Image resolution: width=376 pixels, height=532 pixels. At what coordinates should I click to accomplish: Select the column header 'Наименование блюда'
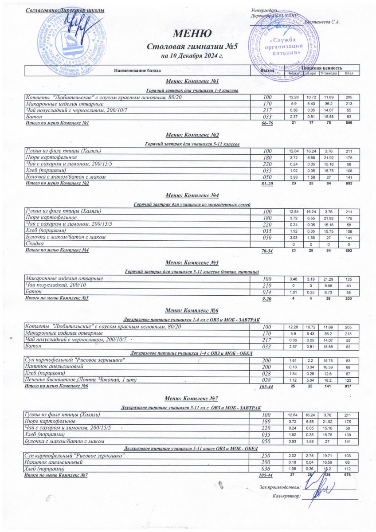pyautogui.click(x=137, y=70)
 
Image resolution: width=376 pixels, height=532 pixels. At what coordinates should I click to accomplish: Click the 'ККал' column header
pyautogui.click(x=349, y=73)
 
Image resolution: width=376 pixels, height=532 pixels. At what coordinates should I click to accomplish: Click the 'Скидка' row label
pyautogui.click(x=34, y=244)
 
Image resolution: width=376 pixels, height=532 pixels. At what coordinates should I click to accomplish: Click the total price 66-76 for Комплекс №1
pyautogui.click(x=267, y=123)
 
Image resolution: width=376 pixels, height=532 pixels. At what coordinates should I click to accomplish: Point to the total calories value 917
pyautogui.click(x=349, y=387)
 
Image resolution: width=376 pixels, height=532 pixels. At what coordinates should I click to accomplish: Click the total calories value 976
pyautogui.click(x=349, y=475)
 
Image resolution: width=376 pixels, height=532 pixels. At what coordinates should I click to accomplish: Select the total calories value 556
pyautogui.click(x=349, y=123)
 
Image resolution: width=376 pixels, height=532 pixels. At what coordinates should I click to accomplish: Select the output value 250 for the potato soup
pyautogui.click(x=267, y=456)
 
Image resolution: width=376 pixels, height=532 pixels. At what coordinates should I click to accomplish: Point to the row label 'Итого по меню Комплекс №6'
pyautogui.click(x=57, y=387)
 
